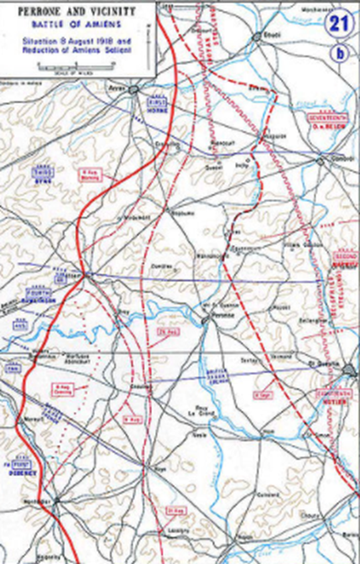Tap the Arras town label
click(x=117, y=85)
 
